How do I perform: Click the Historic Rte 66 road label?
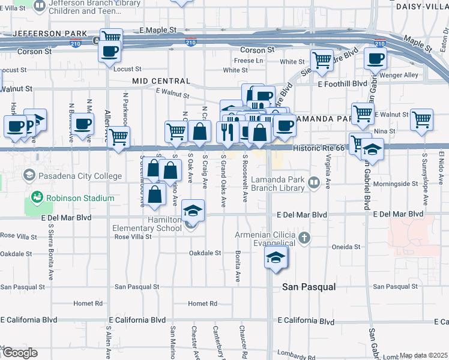[x=318, y=148]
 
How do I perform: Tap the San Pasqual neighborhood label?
[x=309, y=287]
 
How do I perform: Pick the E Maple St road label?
[x=158, y=29]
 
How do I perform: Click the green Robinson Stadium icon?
[x=37, y=197]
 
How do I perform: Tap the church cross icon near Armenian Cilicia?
[x=304, y=238]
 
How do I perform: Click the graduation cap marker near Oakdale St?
[x=276, y=257]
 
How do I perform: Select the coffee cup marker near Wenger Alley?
[x=375, y=59]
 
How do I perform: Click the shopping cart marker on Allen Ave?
[x=118, y=137]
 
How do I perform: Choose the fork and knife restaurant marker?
[x=227, y=131]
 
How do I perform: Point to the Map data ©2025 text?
[x=423, y=355]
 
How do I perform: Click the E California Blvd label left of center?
[x=142, y=321]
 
